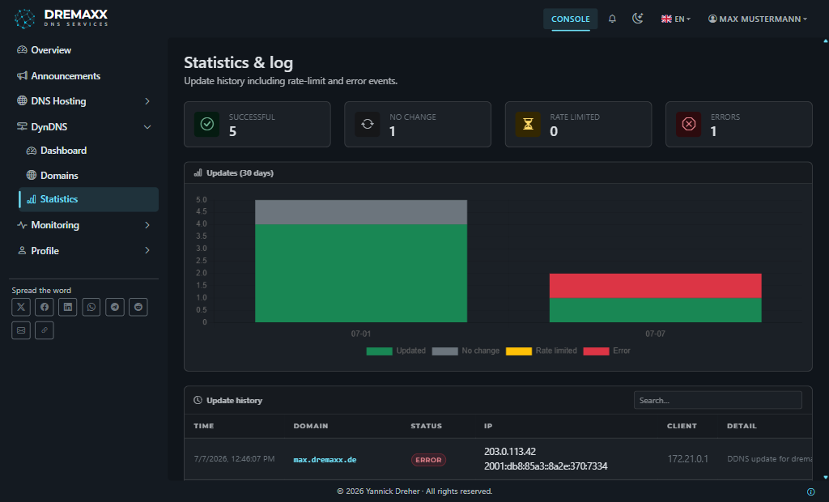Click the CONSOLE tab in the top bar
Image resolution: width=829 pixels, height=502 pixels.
(x=571, y=19)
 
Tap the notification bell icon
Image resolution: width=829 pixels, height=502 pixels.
(x=612, y=19)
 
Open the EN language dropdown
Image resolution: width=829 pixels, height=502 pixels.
(x=676, y=19)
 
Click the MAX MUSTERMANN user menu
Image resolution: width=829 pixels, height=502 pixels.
(x=758, y=19)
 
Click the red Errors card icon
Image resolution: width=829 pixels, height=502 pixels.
(x=688, y=124)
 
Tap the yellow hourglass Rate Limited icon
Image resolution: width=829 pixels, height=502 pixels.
(x=528, y=124)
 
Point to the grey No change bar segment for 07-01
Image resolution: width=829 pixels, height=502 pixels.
(x=361, y=212)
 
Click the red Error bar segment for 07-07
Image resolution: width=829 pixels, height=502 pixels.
(x=656, y=286)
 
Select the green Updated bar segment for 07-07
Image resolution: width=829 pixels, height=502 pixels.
(x=656, y=310)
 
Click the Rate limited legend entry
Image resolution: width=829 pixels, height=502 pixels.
(x=542, y=351)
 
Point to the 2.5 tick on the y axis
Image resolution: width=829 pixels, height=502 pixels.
(x=202, y=261)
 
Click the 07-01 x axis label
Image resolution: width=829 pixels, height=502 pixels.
(x=361, y=334)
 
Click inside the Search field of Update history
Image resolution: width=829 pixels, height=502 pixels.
(x=717, y=401)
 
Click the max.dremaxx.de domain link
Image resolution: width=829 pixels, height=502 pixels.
(x=325, y=460)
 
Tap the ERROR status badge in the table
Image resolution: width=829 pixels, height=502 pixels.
(x=428, y=460)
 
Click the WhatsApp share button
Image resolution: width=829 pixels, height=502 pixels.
(x=91, y=307)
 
